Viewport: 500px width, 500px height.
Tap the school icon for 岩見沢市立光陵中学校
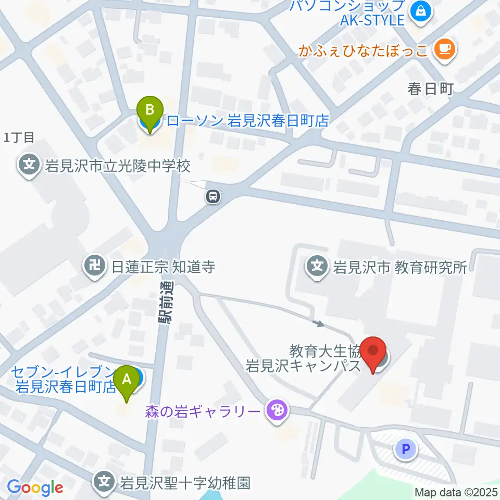(x=29, y=166)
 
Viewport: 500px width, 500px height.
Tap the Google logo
(x=35, y=488)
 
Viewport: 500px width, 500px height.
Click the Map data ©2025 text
(x=456, y=492)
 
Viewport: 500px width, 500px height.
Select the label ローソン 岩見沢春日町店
(x=248, y=121)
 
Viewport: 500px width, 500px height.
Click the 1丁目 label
(x=19, y=137)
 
